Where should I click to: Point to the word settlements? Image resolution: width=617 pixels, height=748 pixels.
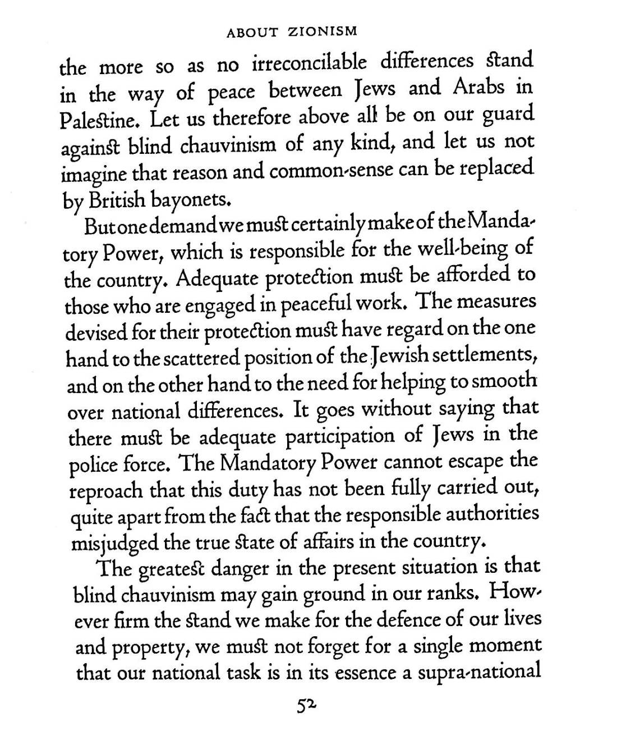click(x=484, y=355)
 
